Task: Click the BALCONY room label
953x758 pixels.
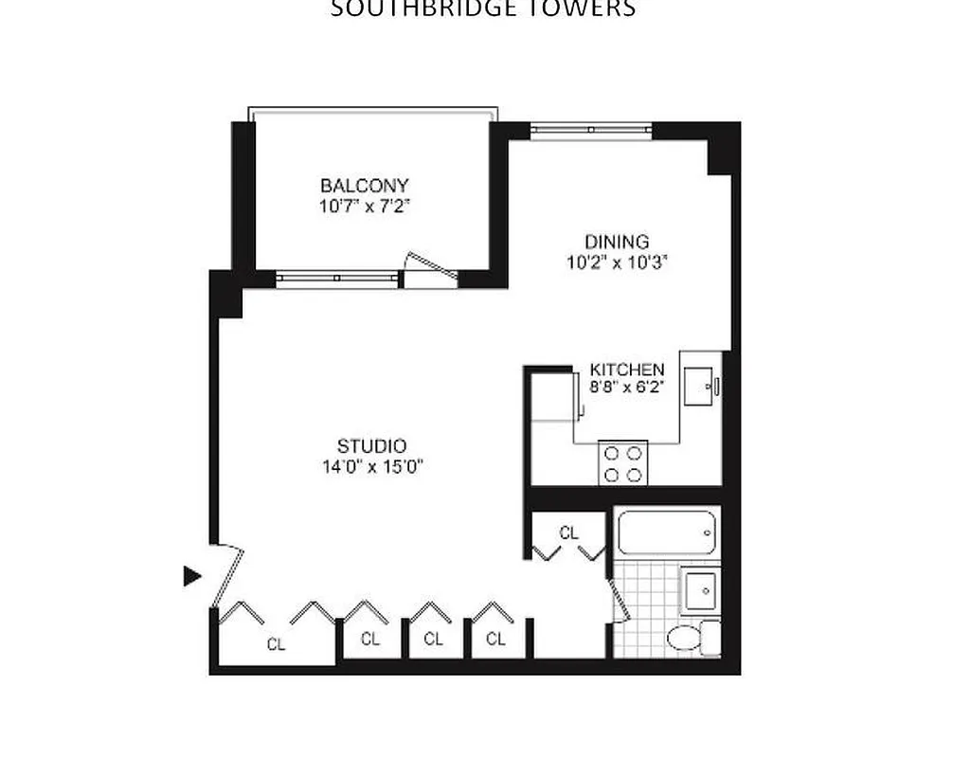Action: point(364,186)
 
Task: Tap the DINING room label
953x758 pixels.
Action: point(617,242)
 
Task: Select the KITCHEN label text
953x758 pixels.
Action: point(627,370)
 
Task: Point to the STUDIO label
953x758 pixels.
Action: point(372,446)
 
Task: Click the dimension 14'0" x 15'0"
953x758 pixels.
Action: point(371,466)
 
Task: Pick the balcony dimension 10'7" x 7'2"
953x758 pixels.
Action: point(364,206)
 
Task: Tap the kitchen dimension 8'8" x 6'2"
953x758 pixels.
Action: point(627,387)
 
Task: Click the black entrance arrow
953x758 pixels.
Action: point(193,574)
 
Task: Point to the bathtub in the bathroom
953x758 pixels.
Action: point(666,533)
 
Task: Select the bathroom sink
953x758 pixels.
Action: point(702,590)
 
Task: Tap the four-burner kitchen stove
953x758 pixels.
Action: point(622,463)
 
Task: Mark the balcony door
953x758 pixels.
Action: point(428,268)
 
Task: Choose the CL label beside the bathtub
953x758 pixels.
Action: point(568,533)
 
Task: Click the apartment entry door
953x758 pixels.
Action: point(228,573)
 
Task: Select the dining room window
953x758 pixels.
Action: point(590,130)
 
